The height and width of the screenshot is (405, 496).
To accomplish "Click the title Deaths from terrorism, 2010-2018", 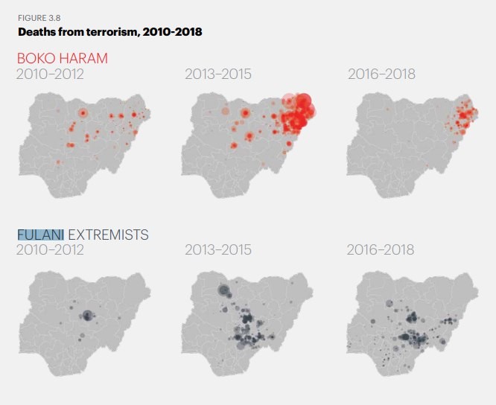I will coord(109,32).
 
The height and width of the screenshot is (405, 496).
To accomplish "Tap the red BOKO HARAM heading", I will coord(62,58).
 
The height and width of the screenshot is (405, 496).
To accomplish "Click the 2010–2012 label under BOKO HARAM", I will coord(50,74).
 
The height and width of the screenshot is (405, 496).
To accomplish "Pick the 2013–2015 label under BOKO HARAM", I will coord(217,74).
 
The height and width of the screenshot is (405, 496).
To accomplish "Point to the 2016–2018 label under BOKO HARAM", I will coord(381,74).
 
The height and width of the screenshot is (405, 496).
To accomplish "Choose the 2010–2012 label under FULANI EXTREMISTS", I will coord(50,250).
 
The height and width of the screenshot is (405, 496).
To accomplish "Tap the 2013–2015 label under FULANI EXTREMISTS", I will coord(217,250).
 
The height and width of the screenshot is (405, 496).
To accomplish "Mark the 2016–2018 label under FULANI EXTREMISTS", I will coord(380,250).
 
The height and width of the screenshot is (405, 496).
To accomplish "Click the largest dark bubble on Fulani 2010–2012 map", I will coord(87,316).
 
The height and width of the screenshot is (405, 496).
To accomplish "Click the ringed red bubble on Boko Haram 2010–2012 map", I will coord(83,113).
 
